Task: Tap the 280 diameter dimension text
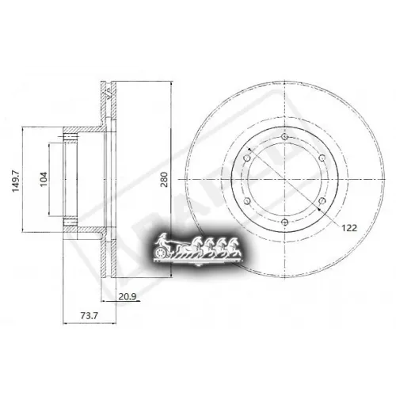click(x=164, y=180)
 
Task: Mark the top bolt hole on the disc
click(x=284, y=137)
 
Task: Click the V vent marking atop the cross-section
click(x=108, y=91)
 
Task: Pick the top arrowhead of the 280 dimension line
click(x=172, y=83)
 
